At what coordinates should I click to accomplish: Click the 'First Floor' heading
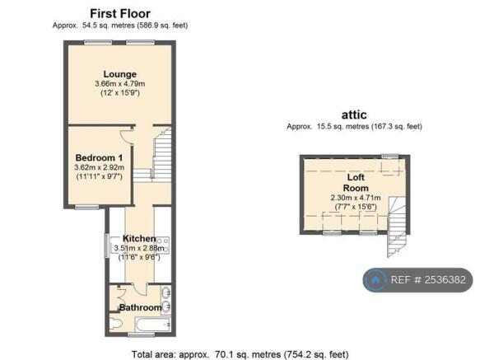pyautogui.click(x=120, y=14)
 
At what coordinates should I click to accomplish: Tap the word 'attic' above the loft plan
pyautogui.click(x=354, y=115)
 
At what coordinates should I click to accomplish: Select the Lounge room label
pyautogui.click(x=120, y=74)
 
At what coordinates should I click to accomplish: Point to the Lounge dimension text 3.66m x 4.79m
pyautogui.click(x=120, y=84)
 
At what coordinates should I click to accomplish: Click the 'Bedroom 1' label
pyautogui.click(x=99, y=158)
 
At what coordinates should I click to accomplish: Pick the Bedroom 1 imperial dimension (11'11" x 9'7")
pyautogui.click(x=99, y=176)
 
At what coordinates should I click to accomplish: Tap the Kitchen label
pyautogui.click(x=139, y=238)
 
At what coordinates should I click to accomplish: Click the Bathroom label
pyautogui.click(x=141, y=307)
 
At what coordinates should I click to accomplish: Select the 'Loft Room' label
pyautogui.click(x=356, y=183)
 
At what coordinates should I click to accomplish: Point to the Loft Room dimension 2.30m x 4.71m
pyautogui.click(x=356, y=198)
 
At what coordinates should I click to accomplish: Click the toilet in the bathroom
pyautogui.click(x=116, y=323)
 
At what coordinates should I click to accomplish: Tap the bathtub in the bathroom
pyautogui.click(x=153, y=325)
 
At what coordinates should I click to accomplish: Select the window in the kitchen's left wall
pyautogui.click(x=106, y=245)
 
